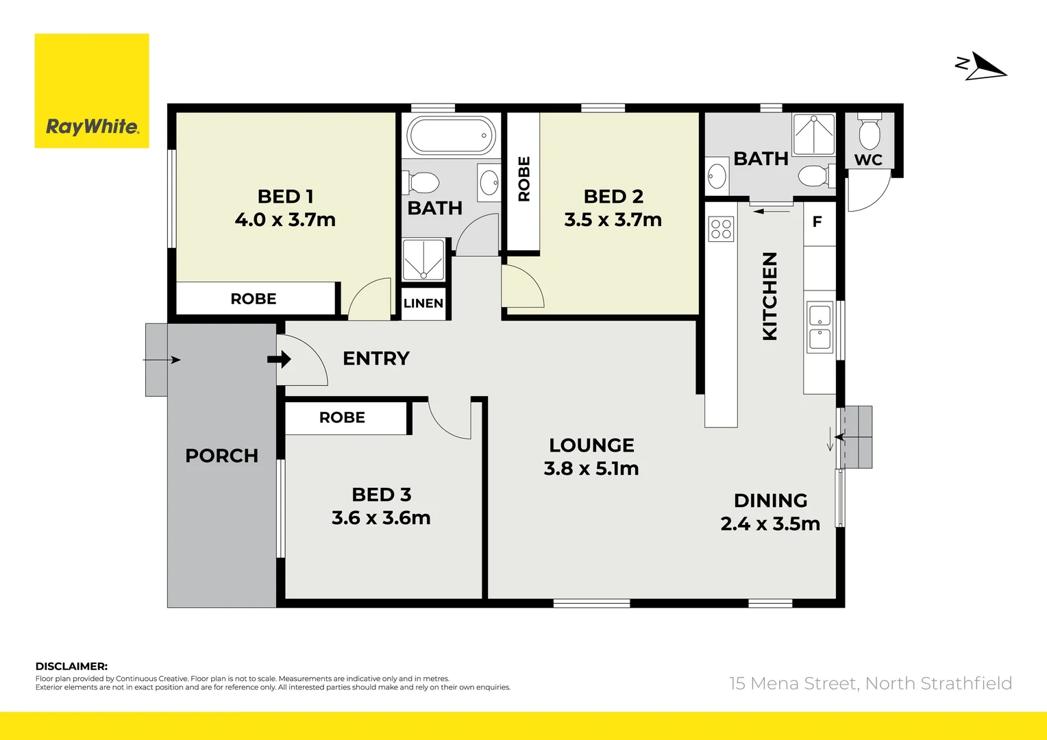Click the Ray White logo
click(x=92, y=91)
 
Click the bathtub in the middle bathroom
click(x=451, y=136)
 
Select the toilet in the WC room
click(x=870, y=133)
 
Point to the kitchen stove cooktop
click(x=721, y=228)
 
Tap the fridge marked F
click(x=817, y=222)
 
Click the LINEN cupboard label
click(x=423, y=304)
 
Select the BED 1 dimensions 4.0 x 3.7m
click(x=285, y=220)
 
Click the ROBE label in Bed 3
click(x=342, y=417)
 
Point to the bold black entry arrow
click(x=279, y=359)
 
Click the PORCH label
click(x=221, y=456)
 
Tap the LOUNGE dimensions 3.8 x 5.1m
click(x=591, y=469)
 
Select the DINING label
click(x=770, y=501)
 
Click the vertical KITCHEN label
click(x=770, y=296)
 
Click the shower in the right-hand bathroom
click(x=814, y=134)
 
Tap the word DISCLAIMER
click(x=71, y=666)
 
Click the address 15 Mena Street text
click(x=870, y=683)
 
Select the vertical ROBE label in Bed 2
click(x=524, y=179)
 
